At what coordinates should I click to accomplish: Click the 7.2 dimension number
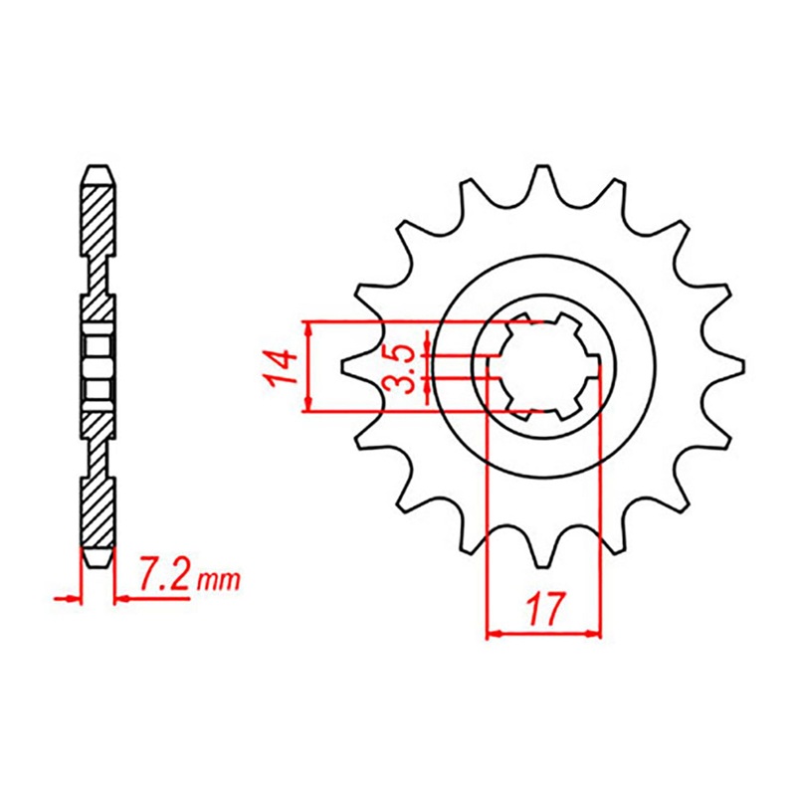point(165,576)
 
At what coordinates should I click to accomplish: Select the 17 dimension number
point(543,608)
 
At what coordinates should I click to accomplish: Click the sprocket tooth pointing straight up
point(544,181)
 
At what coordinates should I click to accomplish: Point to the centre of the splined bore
point(544,365)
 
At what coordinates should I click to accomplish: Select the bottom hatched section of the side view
point(98,512)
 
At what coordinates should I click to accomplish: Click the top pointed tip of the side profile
point(98,166)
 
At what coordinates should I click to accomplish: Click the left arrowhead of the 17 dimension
point(493,633)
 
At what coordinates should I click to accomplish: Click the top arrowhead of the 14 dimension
point(309,327)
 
